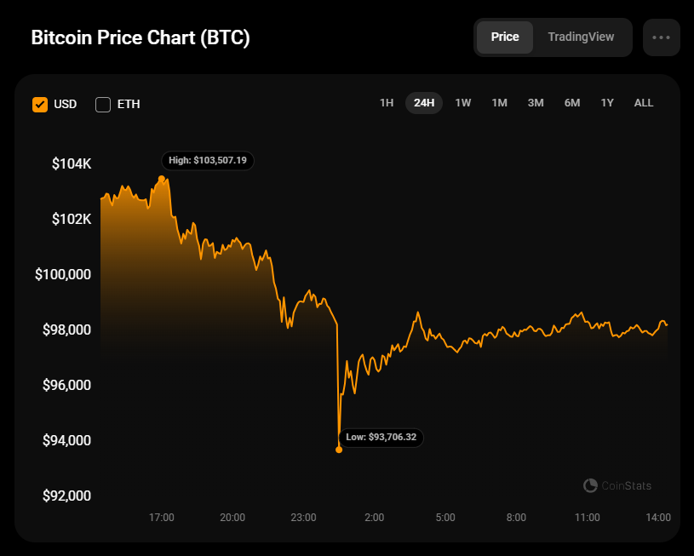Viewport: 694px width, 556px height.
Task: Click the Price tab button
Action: tap(505, 37)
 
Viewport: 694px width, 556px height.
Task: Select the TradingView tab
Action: tap(581, 37)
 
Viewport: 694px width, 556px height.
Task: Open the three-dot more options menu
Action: tap(662, 37)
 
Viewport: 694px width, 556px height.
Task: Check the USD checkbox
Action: tap(40, 105)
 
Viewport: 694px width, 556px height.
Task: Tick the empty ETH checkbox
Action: tap(103, 105)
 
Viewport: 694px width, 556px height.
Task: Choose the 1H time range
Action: tap(387, 103)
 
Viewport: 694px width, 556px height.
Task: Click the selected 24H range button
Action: tap(423, 103)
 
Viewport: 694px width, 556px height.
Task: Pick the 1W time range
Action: tap(463, 103)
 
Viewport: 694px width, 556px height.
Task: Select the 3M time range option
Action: tap(536, 103)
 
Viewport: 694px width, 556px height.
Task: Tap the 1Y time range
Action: tap(607, 103)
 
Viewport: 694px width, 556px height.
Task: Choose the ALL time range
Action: tap(644, 103)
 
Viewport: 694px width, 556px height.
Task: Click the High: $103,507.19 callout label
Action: tap(208, 160)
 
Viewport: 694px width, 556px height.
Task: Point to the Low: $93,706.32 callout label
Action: tap(381, 438)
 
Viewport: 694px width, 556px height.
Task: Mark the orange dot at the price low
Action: tap(339, 450)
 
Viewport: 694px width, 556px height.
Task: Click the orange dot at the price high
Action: tap(162, 179)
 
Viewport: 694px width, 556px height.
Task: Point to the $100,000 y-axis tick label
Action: tap(62, 274)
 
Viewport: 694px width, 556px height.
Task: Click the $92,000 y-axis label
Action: tap(67, 496)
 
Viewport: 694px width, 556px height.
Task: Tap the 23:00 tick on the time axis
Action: tap(303, 518)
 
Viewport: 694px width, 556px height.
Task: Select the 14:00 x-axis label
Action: tap(658, 518)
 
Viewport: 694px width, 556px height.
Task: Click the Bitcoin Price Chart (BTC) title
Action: tap(141, 38)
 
